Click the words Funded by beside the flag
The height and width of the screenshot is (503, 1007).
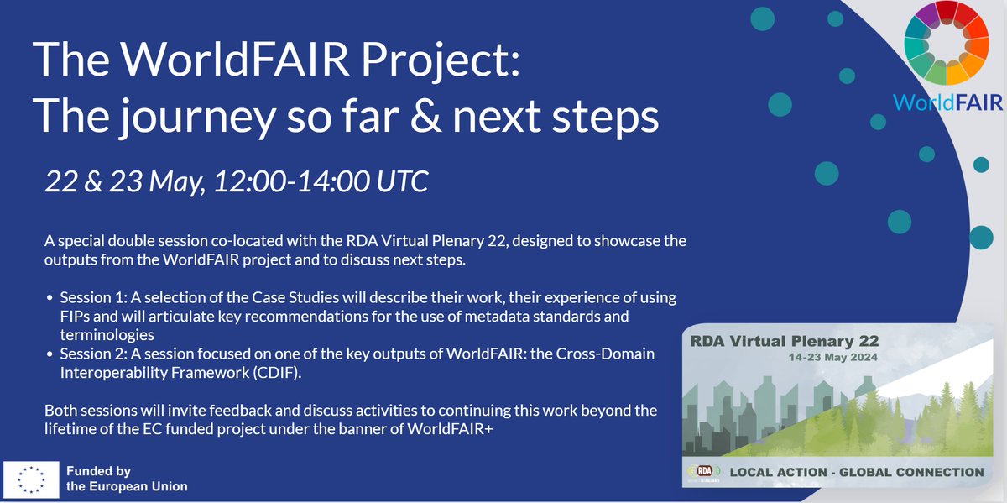98,471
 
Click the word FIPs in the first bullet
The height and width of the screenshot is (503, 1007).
76,317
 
